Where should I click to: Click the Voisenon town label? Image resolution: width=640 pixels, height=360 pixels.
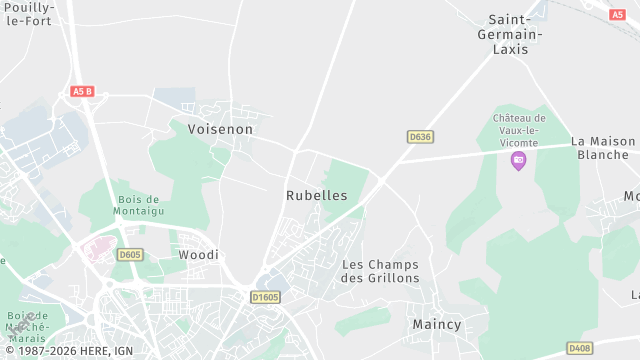[221, 129]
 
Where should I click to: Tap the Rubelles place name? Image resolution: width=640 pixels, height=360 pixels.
[317, 195]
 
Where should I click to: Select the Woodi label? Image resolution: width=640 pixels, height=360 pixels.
[198, 255]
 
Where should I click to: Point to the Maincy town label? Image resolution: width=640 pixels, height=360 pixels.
[437, 325]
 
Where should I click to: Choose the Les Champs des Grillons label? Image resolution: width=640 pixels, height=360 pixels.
[380, 271]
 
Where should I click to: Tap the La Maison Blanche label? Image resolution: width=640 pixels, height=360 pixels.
[604, 148]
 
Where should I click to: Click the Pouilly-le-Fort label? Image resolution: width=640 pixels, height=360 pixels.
[30, 14]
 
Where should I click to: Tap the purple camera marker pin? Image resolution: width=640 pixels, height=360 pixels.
[518, 160]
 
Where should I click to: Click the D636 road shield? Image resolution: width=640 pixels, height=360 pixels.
[420, 136]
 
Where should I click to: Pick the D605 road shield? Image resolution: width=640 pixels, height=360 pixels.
[130, 255]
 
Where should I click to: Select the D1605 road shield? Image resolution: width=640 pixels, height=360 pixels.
[266, 297]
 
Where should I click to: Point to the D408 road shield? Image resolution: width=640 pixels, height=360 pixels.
[579, 348]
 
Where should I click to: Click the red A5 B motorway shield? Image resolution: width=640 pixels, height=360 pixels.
[82, 92]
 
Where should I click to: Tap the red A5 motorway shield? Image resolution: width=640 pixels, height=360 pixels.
[617, 14]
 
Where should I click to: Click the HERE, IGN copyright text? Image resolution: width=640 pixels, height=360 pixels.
[70, 352]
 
